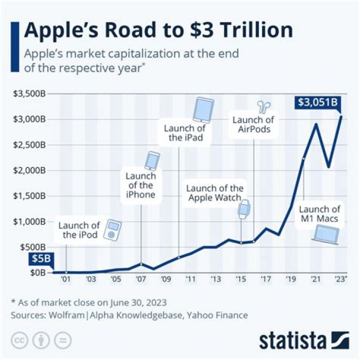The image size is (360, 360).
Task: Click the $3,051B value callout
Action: click(317, 103)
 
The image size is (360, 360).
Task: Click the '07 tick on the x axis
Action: click(140, 279)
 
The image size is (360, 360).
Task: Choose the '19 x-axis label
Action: click(291, 279)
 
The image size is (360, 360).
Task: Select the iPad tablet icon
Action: click(203, 110)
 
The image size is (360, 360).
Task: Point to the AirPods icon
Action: click(263, 106)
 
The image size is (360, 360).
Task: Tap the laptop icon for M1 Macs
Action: click(324, 234)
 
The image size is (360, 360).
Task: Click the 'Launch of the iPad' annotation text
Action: click(185, 132)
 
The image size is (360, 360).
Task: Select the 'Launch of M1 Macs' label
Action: click(319, 214)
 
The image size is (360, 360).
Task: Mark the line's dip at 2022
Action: click(328, 167)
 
